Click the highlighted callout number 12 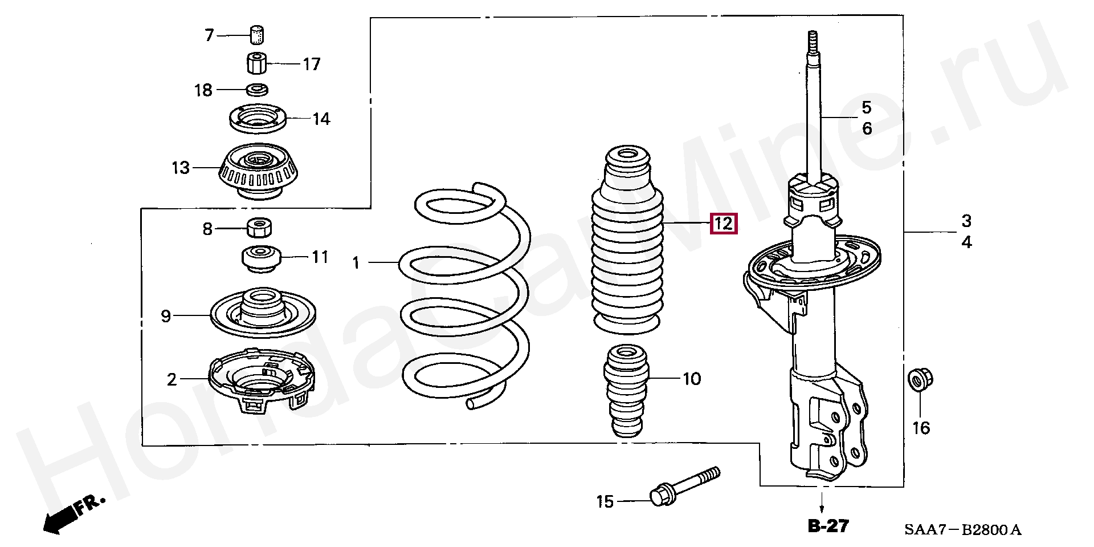point(723,223)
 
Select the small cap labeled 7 point(258,34)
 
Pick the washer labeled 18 point(258,90)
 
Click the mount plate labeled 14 point(258,118)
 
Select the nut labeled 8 point(259,228)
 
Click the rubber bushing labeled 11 point(262,258)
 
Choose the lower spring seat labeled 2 point(262,379)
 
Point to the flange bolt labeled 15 point(684,487)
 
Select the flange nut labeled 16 point(919,379)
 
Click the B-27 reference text point(828,526)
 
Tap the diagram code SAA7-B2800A point(963,530)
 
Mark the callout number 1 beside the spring point(356,263)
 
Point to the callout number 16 point(921,428)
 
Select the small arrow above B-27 point(822,505)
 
